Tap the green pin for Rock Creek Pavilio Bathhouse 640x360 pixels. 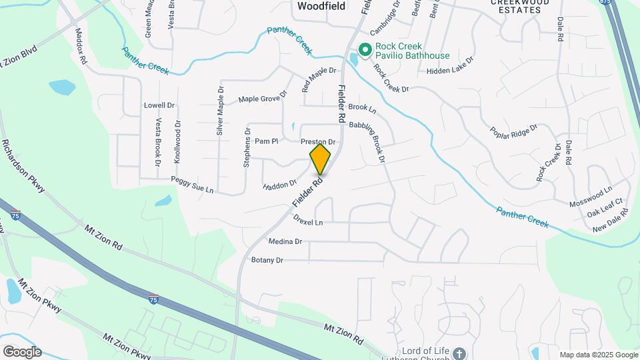365,49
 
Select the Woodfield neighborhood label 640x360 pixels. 321,6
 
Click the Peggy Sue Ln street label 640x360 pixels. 192,185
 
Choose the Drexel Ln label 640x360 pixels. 308,221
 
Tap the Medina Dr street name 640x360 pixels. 285,241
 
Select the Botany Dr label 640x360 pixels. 267,259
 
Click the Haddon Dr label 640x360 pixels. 280,184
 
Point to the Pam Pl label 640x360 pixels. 266,141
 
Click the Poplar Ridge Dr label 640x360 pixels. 513,136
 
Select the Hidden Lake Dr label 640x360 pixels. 450,65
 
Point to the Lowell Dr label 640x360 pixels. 159,105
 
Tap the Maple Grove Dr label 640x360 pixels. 263,98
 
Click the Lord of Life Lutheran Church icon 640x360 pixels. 459,353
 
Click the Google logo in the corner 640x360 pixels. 21,352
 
